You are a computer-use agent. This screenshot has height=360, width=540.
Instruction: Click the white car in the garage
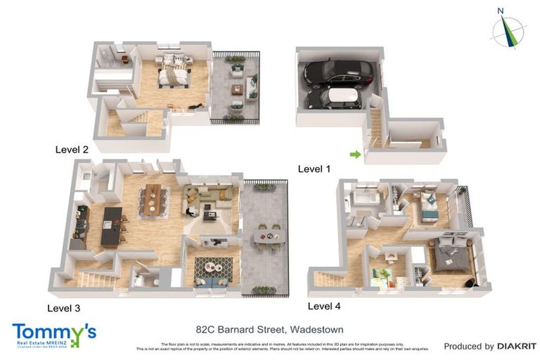click(333, 98)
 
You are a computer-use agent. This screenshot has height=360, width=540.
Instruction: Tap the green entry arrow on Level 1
click(356, 154)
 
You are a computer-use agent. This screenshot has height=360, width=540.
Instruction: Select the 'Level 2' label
click(72, 149)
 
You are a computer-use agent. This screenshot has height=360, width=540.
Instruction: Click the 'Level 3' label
click(64, 307)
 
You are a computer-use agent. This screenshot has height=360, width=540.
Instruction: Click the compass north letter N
click(501, 11)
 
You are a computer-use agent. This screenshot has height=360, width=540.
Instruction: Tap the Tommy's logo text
click(53, 330)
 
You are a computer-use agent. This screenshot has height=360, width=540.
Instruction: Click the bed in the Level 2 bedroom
click(172, 75)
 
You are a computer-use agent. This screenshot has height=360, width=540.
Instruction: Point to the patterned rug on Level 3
click(214, 266)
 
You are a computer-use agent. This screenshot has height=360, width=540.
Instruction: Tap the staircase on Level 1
click(375, 127)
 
